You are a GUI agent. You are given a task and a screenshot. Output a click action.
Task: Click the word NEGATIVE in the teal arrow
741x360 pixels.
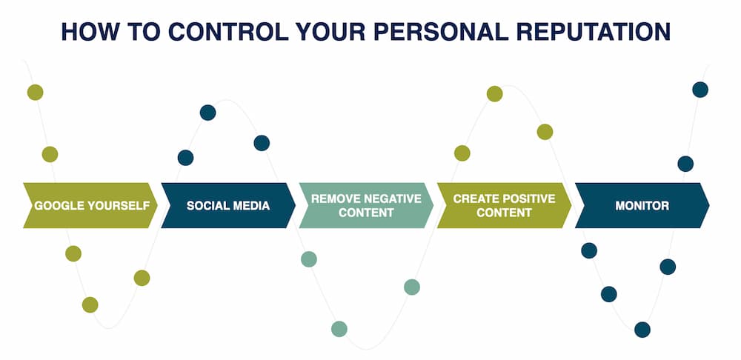tap(388, 199)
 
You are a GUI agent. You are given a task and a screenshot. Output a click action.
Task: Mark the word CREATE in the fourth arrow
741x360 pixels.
tap(474, 199)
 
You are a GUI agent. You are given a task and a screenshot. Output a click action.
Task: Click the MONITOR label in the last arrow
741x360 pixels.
tap(642, 205)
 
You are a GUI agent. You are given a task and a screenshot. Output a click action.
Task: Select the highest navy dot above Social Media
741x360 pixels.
tap(207, 113)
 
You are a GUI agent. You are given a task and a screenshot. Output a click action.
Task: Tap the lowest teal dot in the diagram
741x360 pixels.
tap(339, 329)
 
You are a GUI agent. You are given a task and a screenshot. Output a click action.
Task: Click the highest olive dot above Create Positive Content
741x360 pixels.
tap(494, 93)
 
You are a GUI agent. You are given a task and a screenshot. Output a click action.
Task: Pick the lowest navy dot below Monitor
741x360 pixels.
tap(642, 330)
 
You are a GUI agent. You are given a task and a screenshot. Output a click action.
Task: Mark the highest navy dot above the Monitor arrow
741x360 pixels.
tap(700, 90)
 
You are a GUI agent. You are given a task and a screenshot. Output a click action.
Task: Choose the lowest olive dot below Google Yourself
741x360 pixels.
tap(90, 304)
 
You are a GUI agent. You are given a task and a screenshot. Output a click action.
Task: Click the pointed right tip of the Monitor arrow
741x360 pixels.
tap(708, 205)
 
